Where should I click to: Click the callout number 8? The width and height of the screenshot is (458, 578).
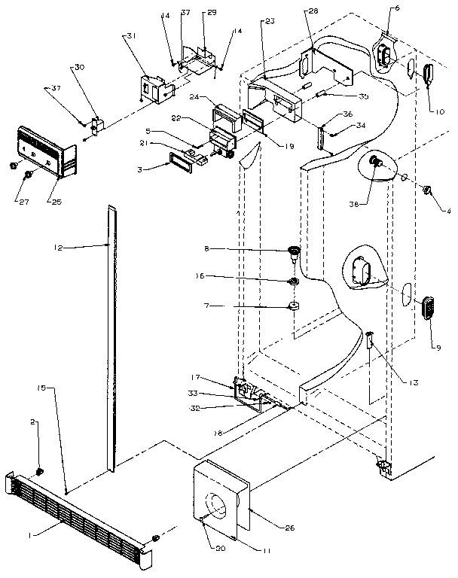261,248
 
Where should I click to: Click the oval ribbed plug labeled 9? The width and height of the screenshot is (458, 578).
429,309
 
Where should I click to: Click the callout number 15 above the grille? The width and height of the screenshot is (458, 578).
41,387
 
